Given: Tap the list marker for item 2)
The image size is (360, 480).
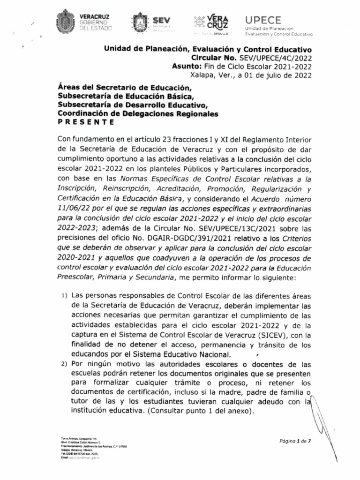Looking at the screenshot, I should click(65, 364).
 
